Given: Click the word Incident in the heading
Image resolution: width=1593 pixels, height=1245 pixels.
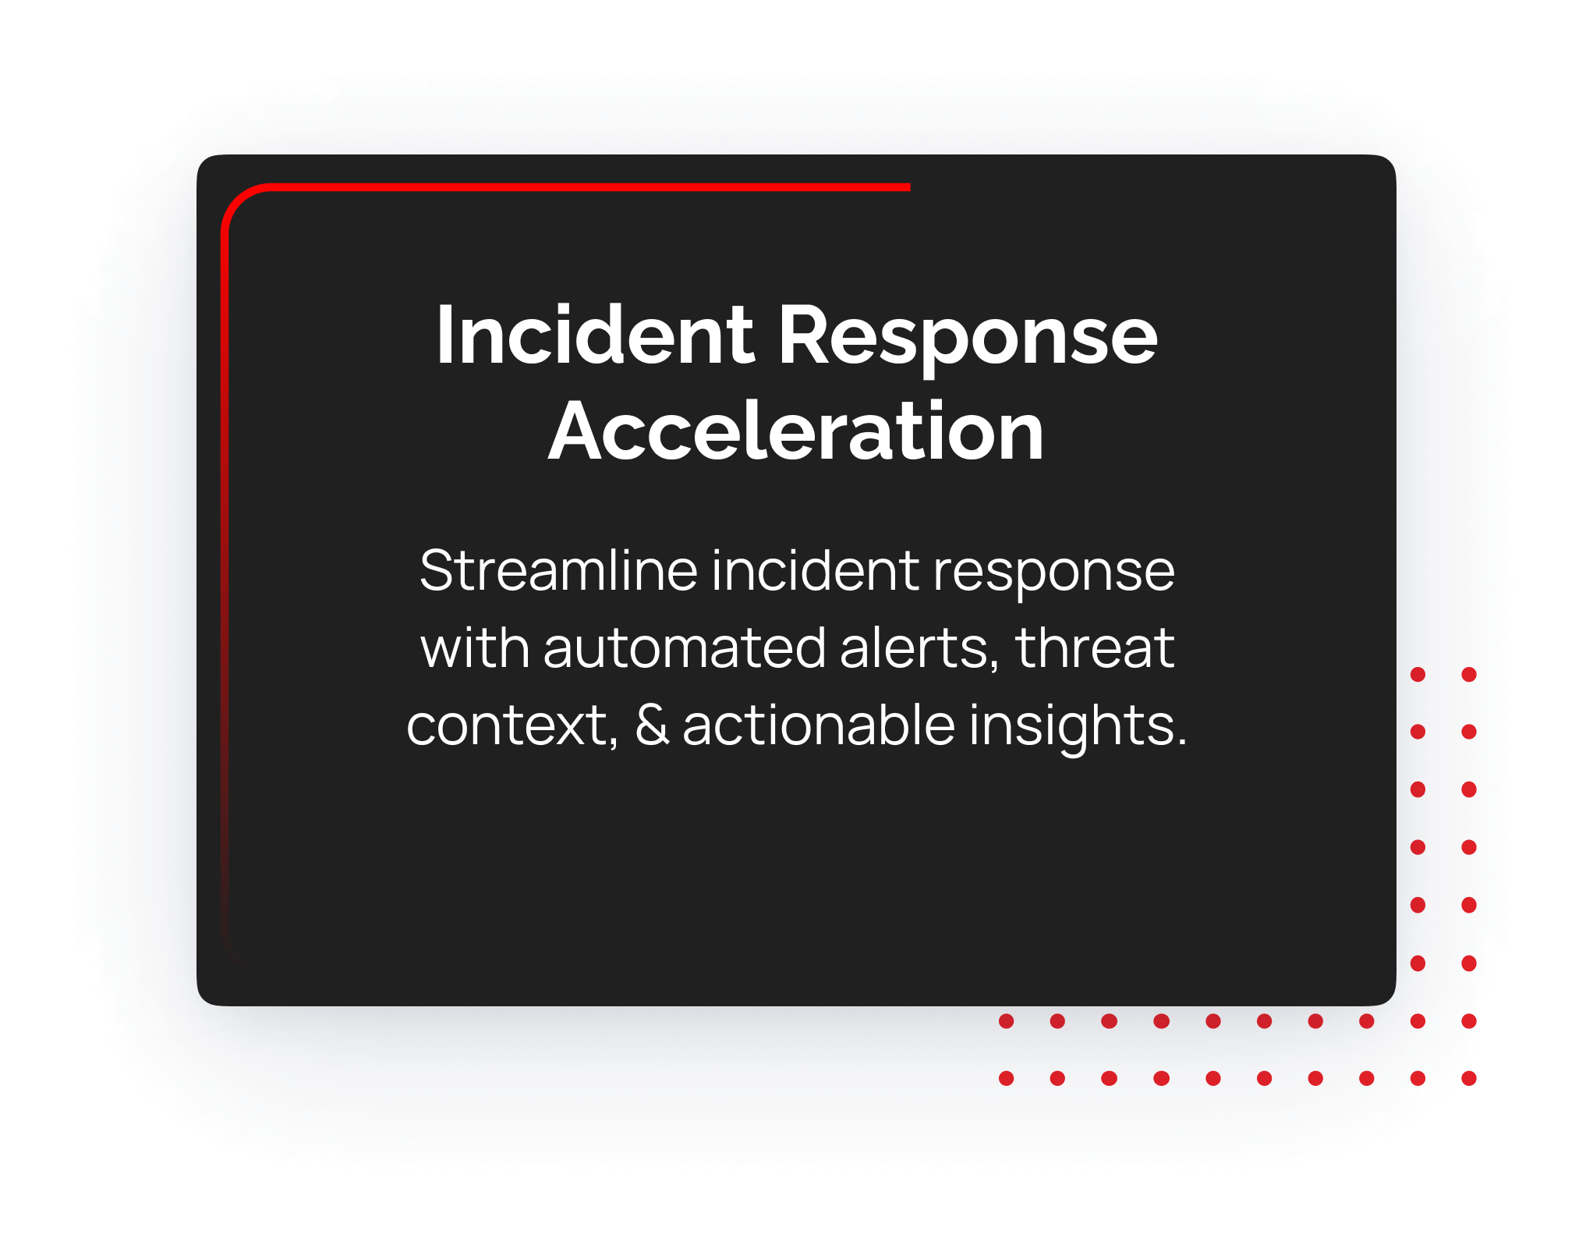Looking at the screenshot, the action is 596,335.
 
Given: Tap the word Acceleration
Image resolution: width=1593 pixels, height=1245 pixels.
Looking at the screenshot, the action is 796,431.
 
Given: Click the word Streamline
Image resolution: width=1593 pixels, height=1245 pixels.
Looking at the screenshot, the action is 558,570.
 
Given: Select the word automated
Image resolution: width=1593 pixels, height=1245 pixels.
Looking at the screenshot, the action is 685,647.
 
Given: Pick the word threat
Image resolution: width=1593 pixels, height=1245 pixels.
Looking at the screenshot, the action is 1095,647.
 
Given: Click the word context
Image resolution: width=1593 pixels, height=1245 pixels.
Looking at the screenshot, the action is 512,726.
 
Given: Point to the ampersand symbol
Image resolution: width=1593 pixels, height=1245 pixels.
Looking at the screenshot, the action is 652,725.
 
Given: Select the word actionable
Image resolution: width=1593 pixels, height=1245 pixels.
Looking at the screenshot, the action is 819,725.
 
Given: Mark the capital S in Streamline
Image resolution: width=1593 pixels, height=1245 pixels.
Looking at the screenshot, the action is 438,570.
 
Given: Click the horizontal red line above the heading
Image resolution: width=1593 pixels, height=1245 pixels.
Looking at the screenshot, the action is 589,187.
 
